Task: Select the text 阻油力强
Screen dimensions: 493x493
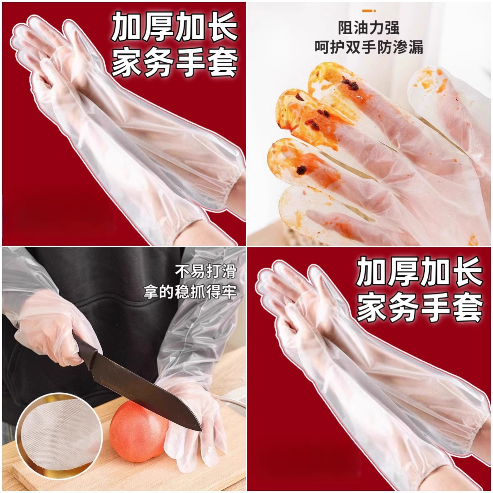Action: click(x=369, y=28)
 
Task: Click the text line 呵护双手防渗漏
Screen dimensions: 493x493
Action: click(x=369, y=47)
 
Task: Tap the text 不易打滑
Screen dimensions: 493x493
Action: click(x=206, y=271)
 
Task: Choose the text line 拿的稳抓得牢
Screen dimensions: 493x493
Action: click(x=190, y=292)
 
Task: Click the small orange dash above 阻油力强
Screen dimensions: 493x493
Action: click(x=369, y=11)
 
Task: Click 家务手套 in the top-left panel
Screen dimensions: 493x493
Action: click(x=175, y=63)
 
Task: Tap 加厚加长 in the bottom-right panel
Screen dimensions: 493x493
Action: click(x=419, y=273)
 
